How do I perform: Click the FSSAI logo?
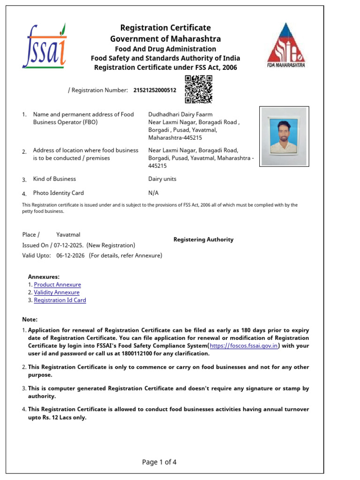click(x=45, y=46)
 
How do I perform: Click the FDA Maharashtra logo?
click(x=285, y=45)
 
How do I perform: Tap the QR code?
click(x=198, y=89)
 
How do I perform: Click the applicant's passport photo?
click(x=284, y=136)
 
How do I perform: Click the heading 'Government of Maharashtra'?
click(x=165, y=38)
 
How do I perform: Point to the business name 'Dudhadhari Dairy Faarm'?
click(x=180, y=114)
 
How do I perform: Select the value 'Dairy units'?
click(x=162, y=179)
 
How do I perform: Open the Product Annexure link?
click(x=57, y=285)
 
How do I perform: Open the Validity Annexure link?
click(x=57, y=292)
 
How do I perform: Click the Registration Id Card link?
click(x=60, y=300)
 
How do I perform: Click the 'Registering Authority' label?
click(x=203, y=240)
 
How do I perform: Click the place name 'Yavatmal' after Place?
click(x=68, y=234)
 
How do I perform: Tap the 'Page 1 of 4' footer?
click(x=159, y=462)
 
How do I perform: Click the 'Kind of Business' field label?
click(x=54, y=179)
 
